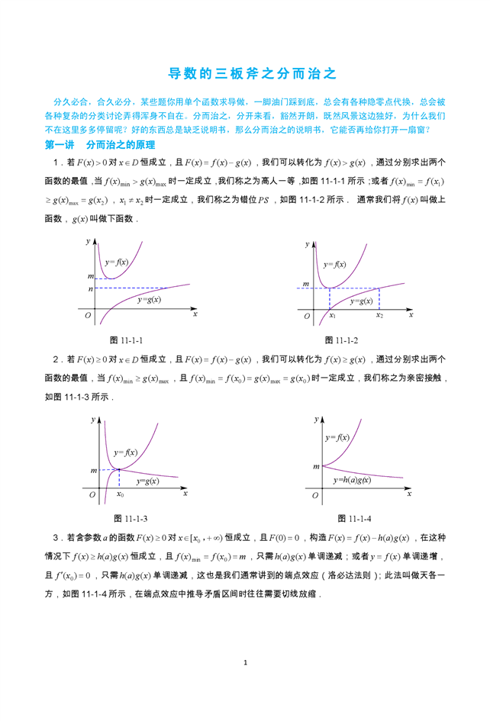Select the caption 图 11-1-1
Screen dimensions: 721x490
pos(127,340)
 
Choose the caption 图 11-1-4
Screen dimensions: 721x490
pos(354,518)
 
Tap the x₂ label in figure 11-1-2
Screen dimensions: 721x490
pos(379,315)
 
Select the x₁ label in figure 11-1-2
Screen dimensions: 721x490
pos(331,315)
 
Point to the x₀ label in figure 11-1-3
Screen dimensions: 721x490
pos(120,494)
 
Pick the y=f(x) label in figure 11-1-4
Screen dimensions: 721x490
pos(337,437)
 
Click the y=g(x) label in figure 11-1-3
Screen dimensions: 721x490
pos(147,481)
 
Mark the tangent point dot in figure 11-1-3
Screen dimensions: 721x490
pos(119,470)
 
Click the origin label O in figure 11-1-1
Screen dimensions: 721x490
pos(89,315)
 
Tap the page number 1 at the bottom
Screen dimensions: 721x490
pos(245,662)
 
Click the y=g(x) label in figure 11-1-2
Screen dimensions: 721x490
pos(362,301)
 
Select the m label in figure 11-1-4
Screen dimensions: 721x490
pos(314,465)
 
